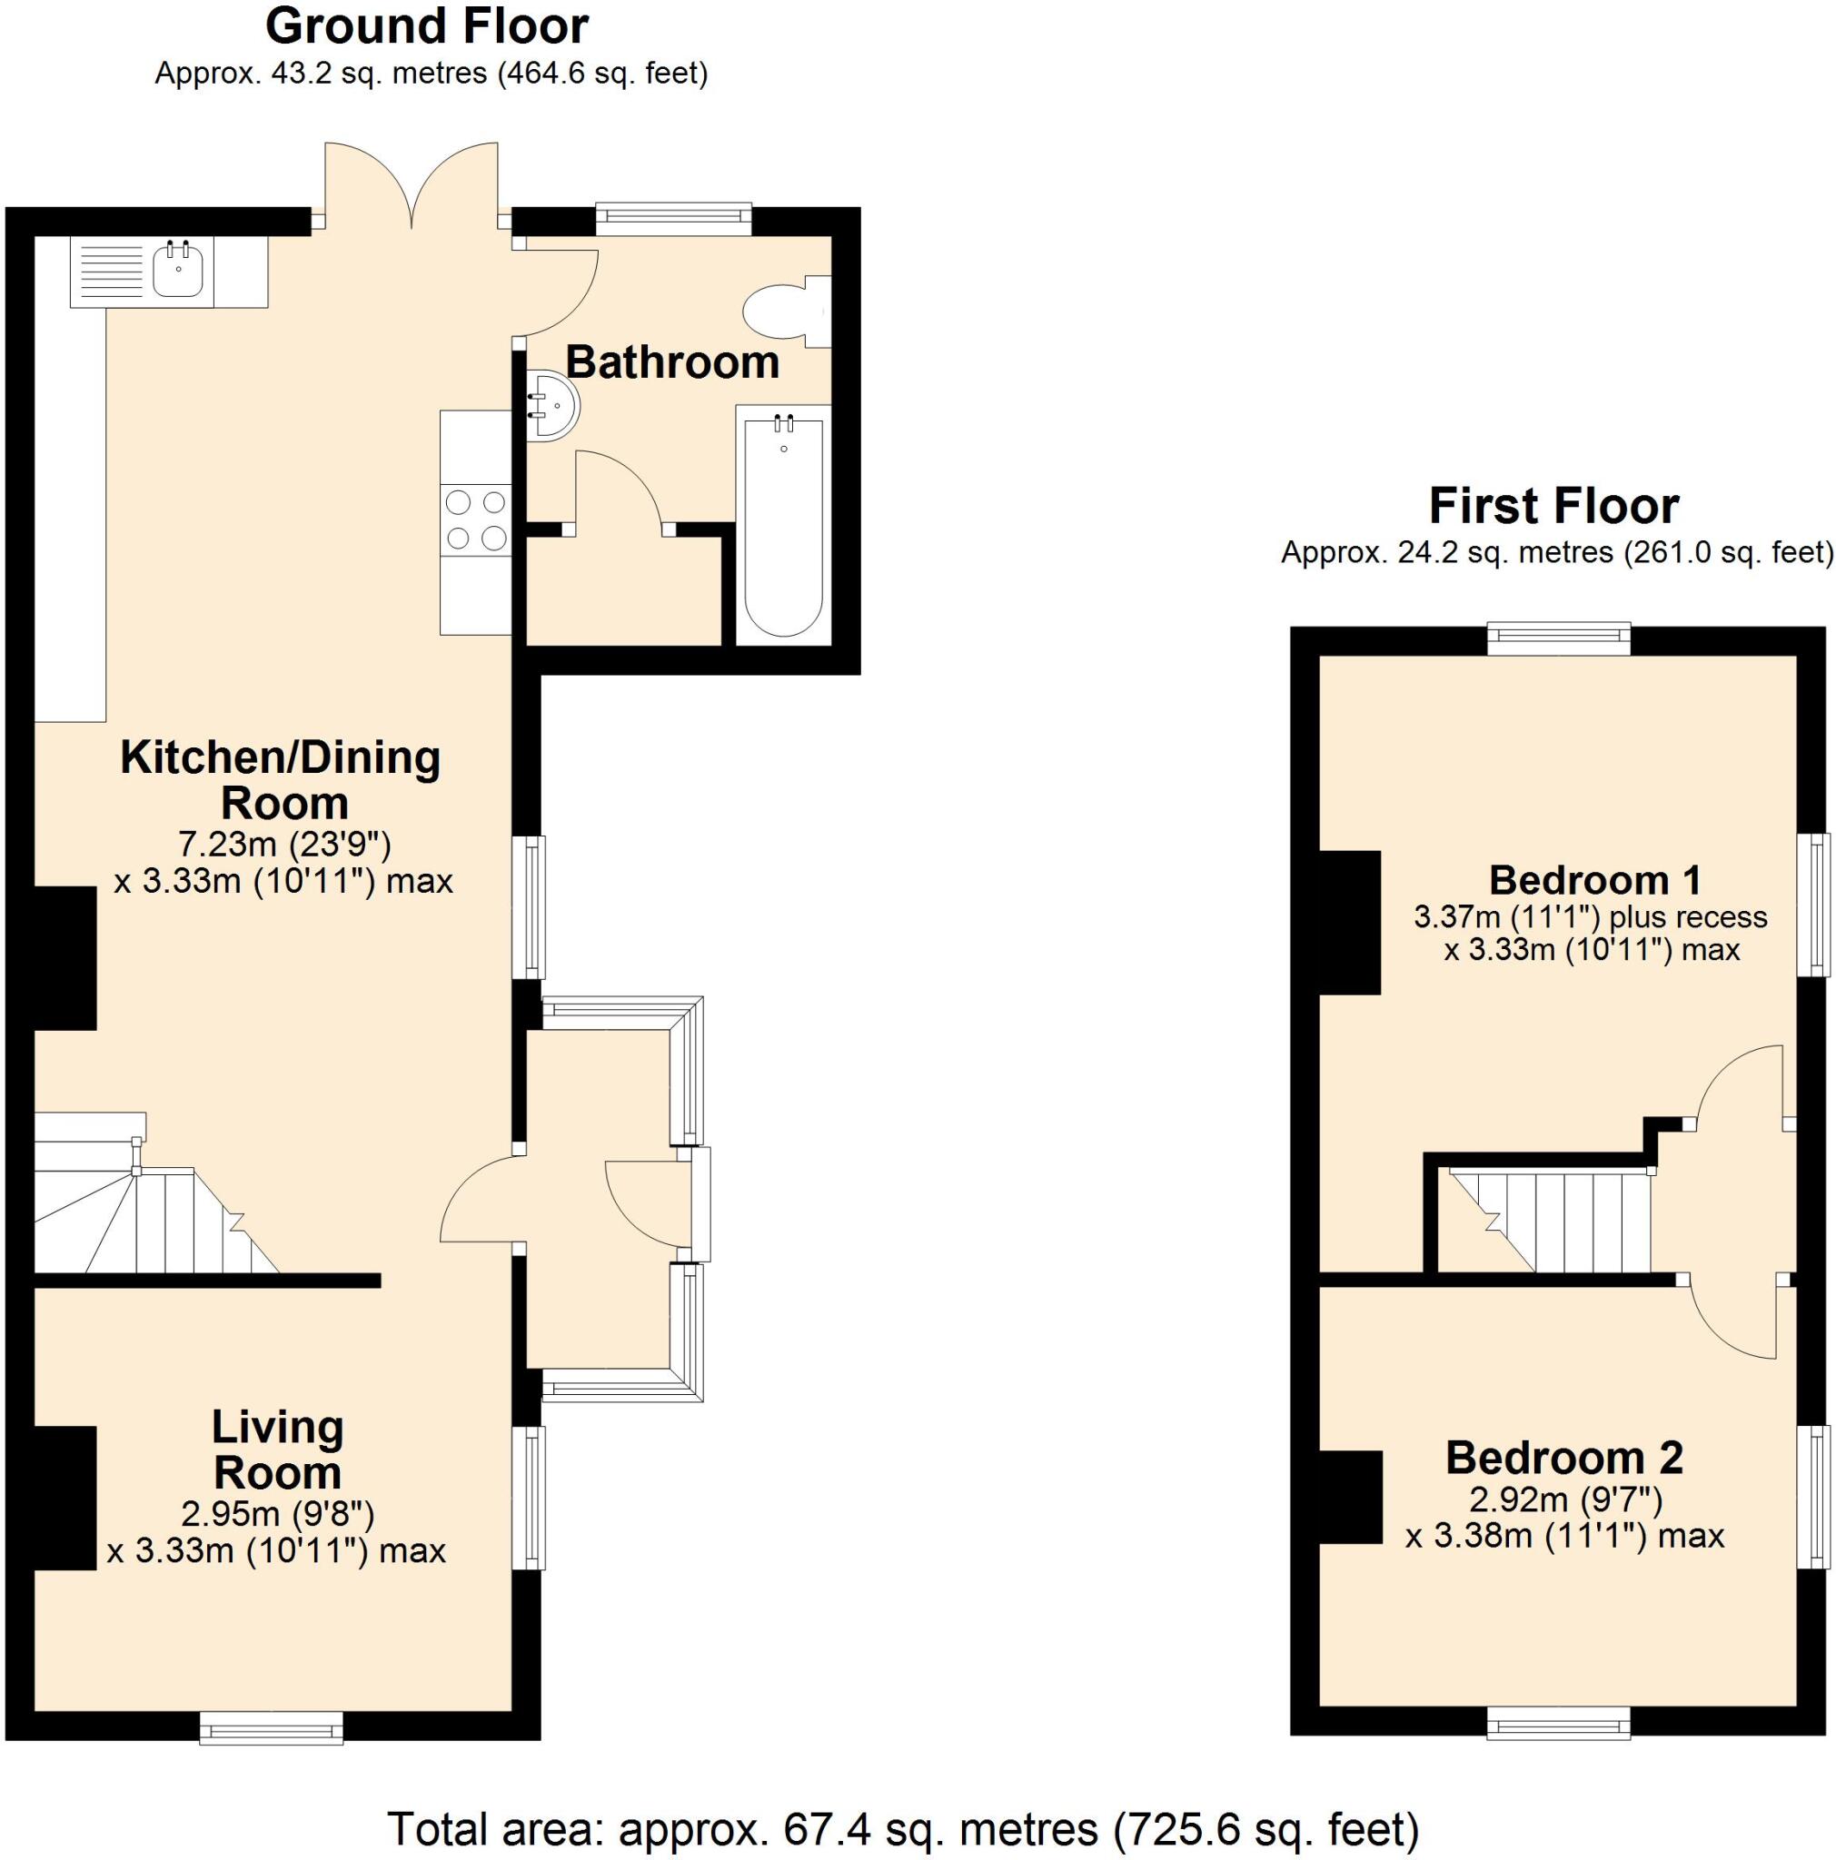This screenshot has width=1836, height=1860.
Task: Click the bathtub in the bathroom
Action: [x=784, y=525]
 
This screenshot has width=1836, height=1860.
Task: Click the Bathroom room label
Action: [x=672, y=363]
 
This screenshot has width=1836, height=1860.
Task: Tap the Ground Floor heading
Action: [x=426, y=27]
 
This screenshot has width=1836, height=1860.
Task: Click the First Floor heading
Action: [x=1553, y=506]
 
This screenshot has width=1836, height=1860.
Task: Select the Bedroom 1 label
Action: [x=1594, y=880]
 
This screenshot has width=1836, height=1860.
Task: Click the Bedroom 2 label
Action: [x=1563, y=1458]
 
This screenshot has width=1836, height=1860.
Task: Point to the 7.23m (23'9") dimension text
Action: [x=284, y=845]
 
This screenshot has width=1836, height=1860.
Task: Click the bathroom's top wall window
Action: [x=672, y=220]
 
